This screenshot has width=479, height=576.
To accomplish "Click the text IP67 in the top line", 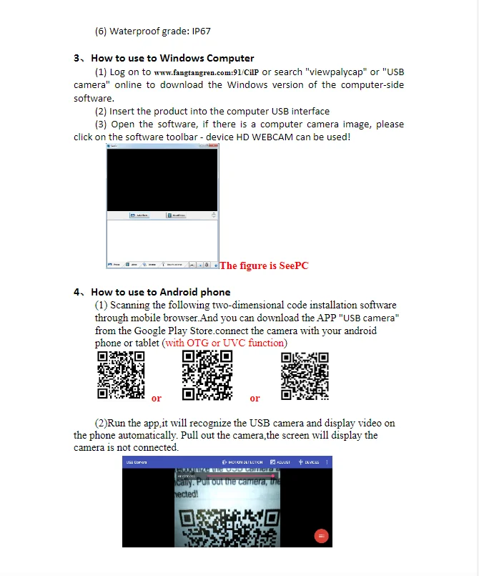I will coord(200,31).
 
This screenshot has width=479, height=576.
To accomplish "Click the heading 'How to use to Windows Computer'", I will coord(172,58).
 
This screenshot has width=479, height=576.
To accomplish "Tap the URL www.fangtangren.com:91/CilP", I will coord(207,72).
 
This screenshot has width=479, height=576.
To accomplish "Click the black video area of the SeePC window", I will coord(162,179).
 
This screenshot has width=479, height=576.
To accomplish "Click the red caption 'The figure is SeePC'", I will coord(264,265).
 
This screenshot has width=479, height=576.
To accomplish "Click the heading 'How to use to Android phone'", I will coord(161,292).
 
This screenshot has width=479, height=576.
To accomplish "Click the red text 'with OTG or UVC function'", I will coord(225,343).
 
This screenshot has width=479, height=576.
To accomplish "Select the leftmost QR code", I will coord(121,375).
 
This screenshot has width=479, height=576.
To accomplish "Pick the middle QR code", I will coord(207,375).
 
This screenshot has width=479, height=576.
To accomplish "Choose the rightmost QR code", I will coord(305,375).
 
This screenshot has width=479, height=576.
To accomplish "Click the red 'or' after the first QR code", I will coord(157,399).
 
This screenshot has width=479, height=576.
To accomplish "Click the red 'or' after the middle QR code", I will coord(255,399).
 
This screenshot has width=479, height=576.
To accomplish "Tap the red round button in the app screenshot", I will coord(321,536).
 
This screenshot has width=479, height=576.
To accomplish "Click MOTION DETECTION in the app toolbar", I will coord(244,462).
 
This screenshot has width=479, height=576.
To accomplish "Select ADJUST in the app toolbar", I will coord(281,462).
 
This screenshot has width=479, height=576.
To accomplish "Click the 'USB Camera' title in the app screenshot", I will coord(137,462).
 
